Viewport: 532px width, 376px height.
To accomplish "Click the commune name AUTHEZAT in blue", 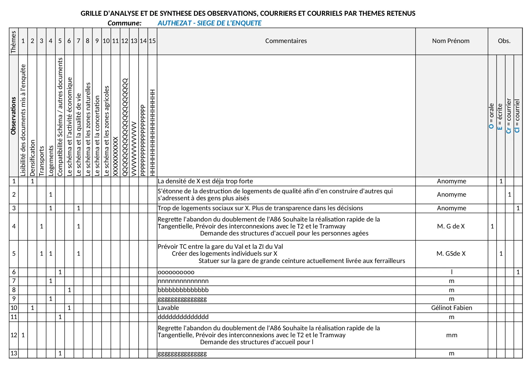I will (209, 23).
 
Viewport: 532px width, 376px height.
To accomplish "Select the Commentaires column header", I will (286, 41).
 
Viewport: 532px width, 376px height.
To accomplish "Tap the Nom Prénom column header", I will (451, 41).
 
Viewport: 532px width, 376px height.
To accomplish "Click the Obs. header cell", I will (504, 41).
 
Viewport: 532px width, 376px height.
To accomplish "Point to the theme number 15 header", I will (152, 41).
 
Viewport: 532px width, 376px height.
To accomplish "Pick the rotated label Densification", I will (32, 158).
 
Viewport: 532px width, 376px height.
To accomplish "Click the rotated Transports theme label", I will (42, 161).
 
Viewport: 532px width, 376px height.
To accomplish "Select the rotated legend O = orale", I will (492, 116).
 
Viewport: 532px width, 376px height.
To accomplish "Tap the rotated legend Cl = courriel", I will (517, 116).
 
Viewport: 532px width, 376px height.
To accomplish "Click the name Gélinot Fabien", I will (451, 308).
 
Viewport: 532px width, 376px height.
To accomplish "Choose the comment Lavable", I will (168, 308).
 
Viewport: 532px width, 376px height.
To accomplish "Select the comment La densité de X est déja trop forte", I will (205, 181).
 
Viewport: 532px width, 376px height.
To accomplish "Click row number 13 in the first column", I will (14, 353).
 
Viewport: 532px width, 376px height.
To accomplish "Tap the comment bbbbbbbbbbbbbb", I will (183, 290).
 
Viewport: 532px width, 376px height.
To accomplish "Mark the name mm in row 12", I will (451, 335).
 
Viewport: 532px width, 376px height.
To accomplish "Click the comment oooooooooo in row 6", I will (176, 272).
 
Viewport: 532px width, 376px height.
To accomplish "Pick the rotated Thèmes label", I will (14, 42).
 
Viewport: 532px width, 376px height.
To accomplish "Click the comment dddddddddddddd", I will (183, 317).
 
